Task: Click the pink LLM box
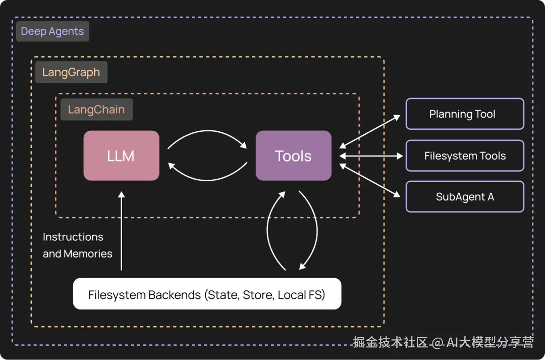click(x=121, y=156)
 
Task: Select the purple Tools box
click(x=293, y=156)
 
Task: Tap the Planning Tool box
click(x=465, y=114)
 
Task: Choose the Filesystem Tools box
click(x=465, y=156)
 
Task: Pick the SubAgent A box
click(x=465, y=197)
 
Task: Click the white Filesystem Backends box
click(x=207, y=294)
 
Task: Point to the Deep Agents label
click(x=52, y=31)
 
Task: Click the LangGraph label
click(x=71, y=72)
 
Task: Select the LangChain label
click(x=96, y=110)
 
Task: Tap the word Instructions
click(x=73, y=237)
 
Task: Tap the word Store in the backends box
click(x=257, y=294)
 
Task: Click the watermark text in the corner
click(x=443, y=342)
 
